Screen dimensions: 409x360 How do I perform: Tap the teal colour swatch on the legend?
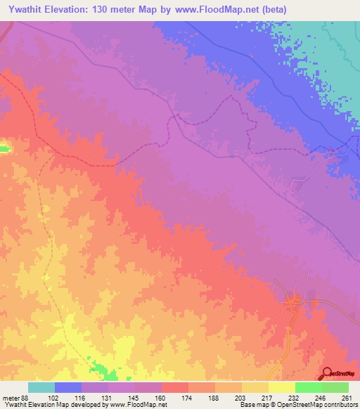(41, 387)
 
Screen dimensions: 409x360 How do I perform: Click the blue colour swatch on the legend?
(68, 387)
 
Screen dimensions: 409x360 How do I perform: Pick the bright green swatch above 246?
(308, 387)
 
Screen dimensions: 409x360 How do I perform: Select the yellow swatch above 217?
(255, 387)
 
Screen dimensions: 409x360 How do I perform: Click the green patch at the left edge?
(4, 148)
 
